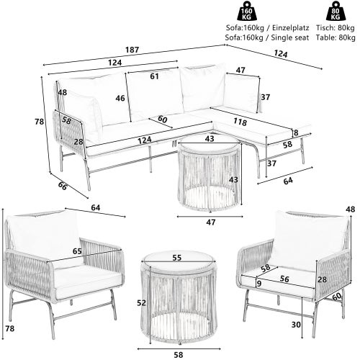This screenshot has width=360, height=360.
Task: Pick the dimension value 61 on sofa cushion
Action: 154,76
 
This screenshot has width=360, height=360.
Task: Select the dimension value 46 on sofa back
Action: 120,98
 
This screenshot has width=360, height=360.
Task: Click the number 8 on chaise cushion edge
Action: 296,132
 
